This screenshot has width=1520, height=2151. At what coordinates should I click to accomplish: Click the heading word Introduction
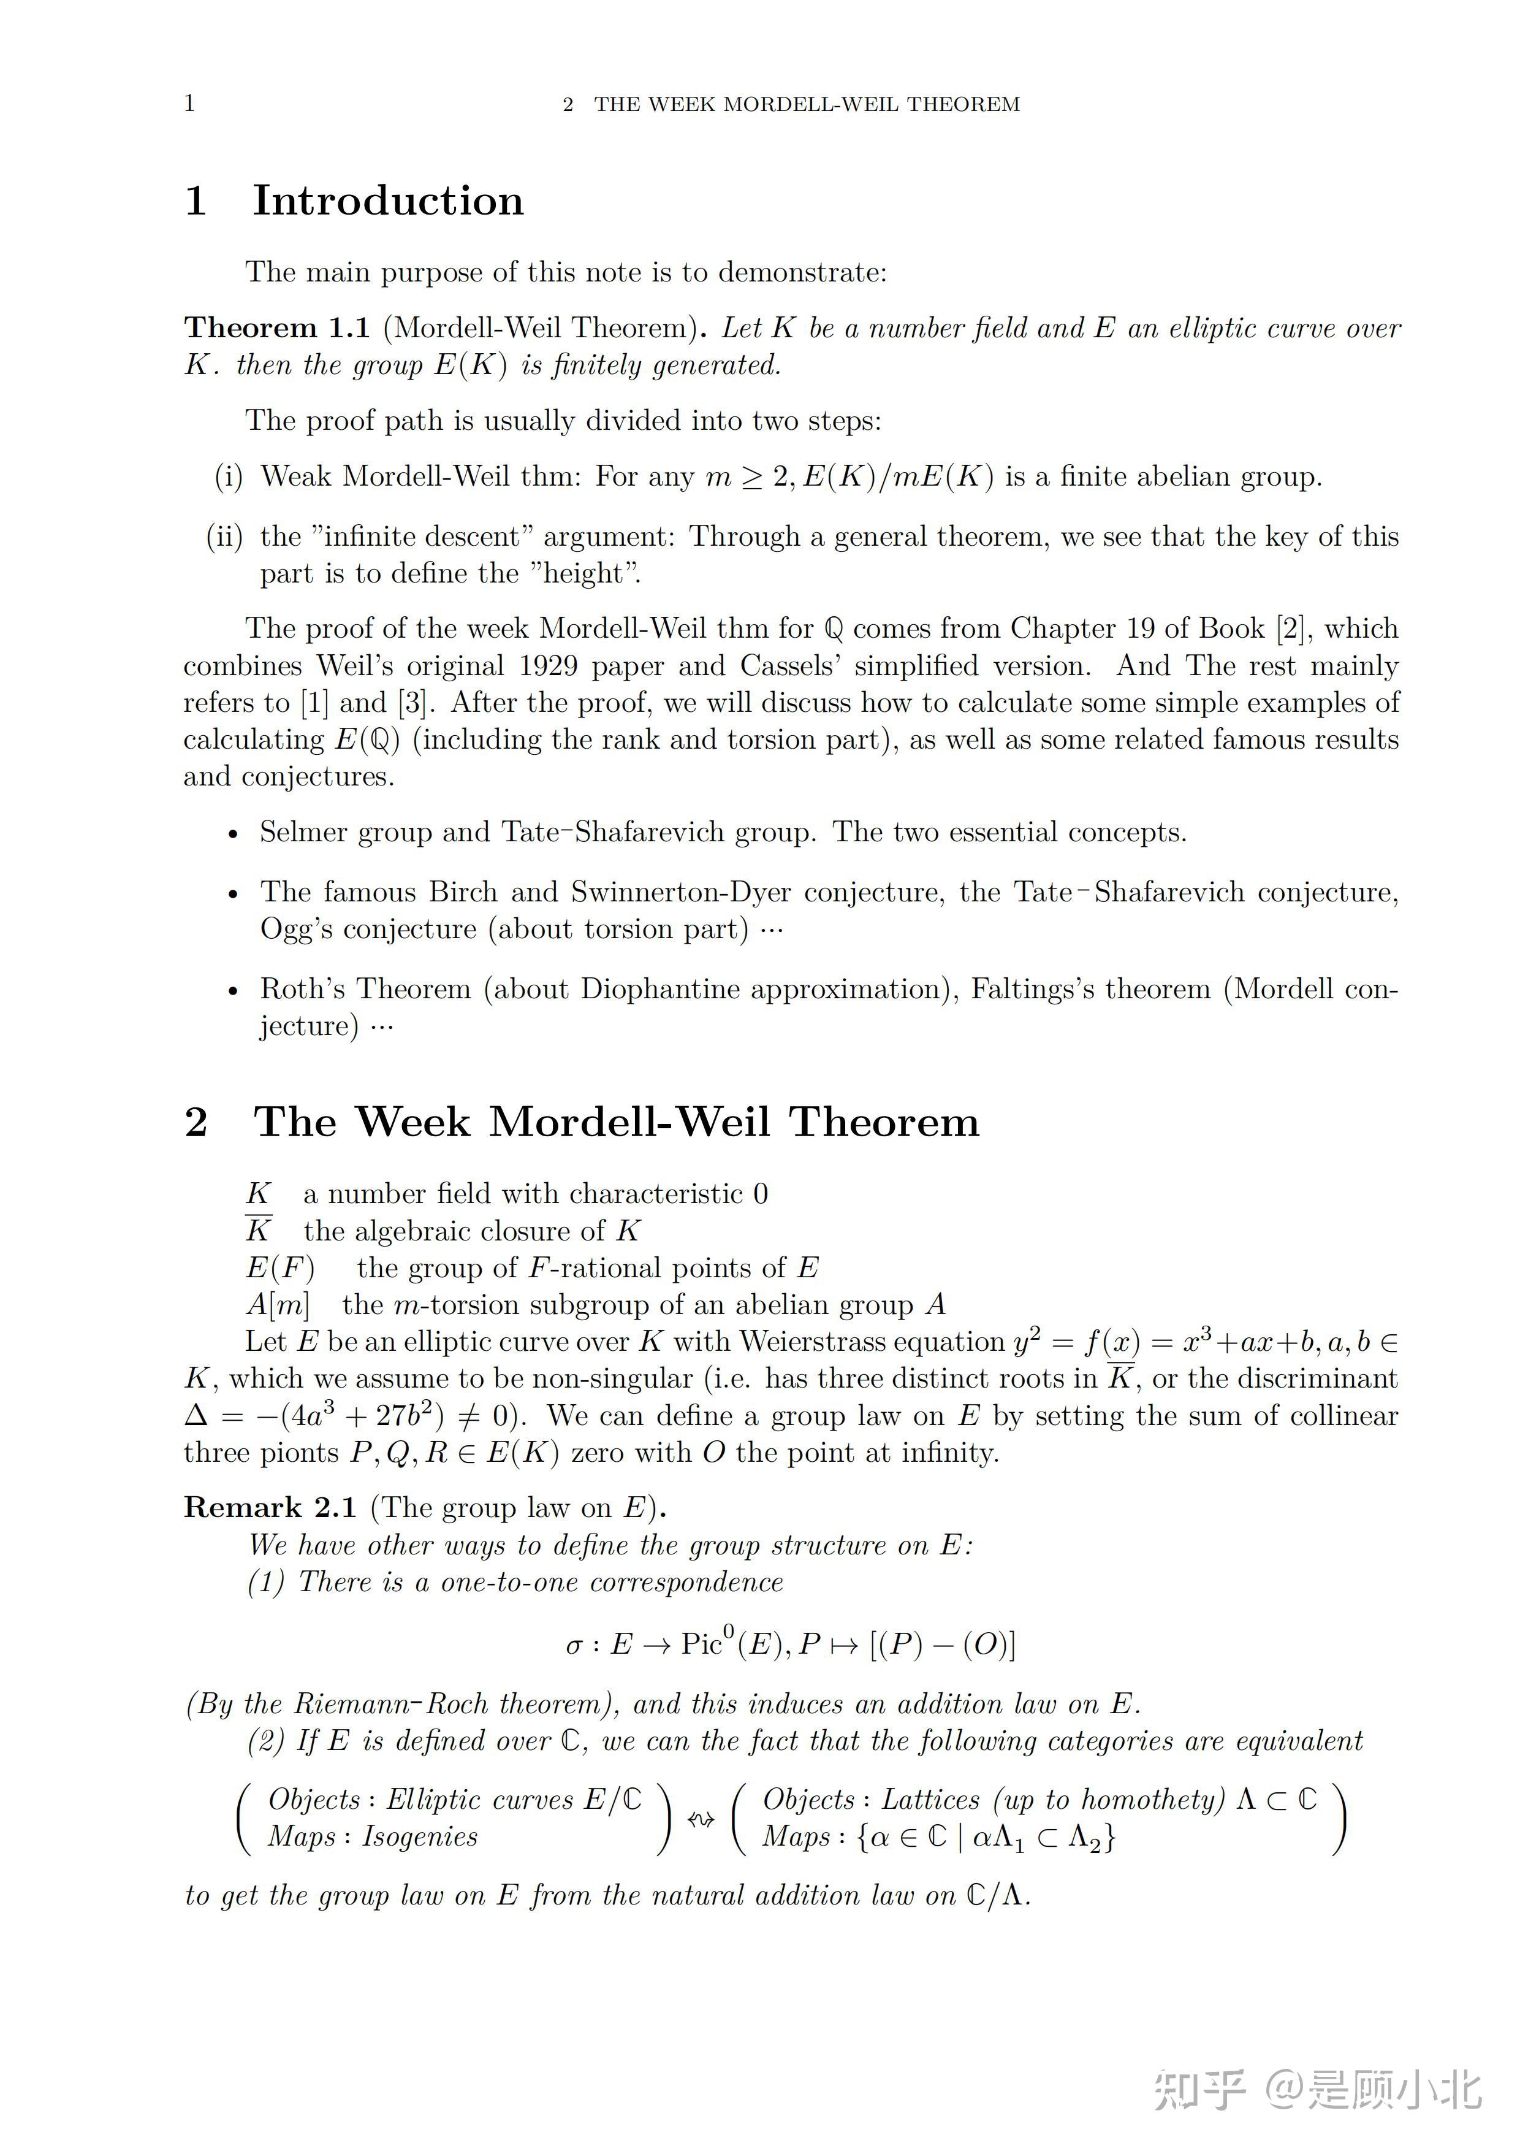pyautogui.click(x=388, y=201)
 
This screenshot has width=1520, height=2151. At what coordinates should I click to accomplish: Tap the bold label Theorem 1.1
pyautogui.click(x=277, y=328)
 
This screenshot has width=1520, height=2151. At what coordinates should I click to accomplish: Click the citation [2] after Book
pyautogui.click(x=1291, y=628)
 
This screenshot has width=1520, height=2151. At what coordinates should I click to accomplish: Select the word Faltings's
pyautogui.click(x=1033, y=989)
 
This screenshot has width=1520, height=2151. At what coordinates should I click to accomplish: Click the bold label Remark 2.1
pyautogui.click(x=271, y=1507)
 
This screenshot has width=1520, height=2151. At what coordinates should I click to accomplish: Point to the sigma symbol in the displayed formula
pyautogui.click(x=574, y=1646)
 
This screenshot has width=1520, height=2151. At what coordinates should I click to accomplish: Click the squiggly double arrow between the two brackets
pyautogui.click(x=701, y=1819)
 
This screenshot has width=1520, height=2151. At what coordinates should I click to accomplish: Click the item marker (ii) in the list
pyautogui.click(x=224, y=537)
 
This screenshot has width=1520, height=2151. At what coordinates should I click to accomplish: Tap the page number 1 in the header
pyautogui.click(x=189, y=103)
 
